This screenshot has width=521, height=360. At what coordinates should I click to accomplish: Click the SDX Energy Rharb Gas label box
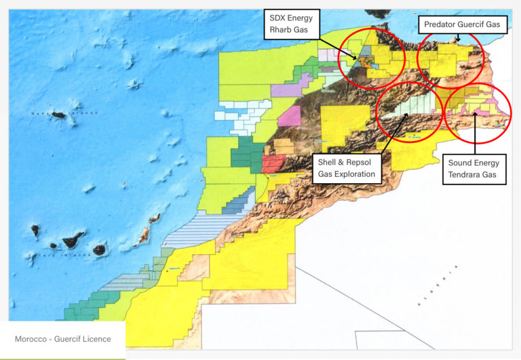click(x=291, y=24)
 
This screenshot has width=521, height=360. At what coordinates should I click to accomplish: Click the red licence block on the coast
click(x=273, y=163)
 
